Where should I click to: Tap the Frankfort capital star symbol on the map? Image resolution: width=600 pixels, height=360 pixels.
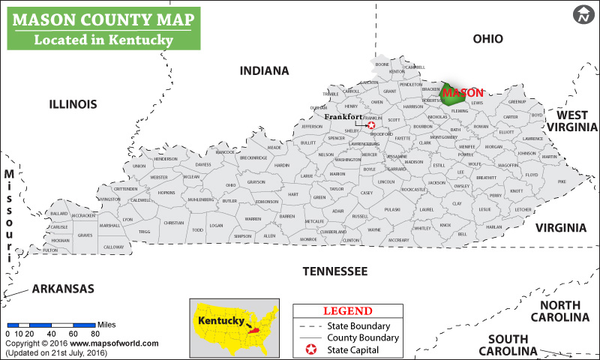point(370,125)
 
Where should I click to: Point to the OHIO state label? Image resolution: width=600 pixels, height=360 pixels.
point(487,39)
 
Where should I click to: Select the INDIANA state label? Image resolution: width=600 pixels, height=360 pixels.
point(264,70)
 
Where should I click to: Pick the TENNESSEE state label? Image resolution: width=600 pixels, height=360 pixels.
point(334,271)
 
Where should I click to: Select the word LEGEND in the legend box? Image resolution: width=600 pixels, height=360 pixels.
point(347,311)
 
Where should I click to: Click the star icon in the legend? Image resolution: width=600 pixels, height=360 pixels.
point(309,351)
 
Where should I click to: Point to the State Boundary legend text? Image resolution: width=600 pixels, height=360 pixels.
point(358,326)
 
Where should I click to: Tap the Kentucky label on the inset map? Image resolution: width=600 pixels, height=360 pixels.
point(220,320)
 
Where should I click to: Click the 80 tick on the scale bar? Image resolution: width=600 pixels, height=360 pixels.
point(95,334)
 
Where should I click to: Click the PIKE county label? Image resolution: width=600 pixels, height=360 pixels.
point(562,181)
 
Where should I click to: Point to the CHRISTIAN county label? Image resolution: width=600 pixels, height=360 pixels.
point(173,223)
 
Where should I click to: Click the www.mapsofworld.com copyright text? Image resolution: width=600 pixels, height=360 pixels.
point(115,343)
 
